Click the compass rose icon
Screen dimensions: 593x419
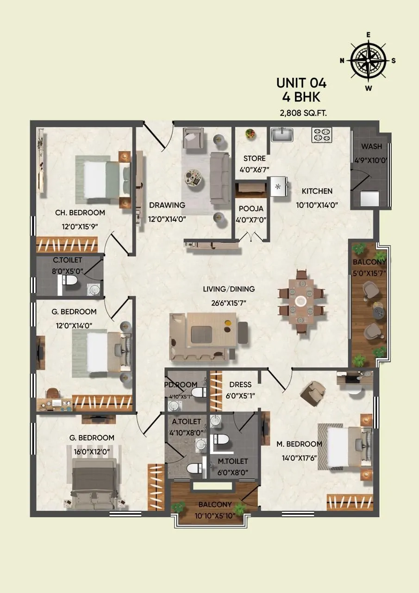(x=368, y=61)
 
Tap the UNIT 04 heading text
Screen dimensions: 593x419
(x=301, y=83)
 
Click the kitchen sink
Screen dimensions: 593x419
(x=282, y=135)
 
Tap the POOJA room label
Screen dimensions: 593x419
(x=251, y=208)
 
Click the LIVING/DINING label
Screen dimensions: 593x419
(x=229, y=289)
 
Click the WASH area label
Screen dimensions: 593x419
(x=372, y=147)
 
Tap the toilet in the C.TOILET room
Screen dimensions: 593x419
(x=69, y=281)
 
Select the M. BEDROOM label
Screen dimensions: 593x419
(x=299, y=444)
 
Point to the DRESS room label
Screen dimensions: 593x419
(x=240, y=385)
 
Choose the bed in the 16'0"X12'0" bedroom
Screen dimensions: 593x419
(x=95, y=482)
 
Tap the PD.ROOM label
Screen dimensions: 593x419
(x=181, y=385)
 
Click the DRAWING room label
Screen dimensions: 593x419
(x=167, y=205)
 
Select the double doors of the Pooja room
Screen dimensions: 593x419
(x=251, y=238)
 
